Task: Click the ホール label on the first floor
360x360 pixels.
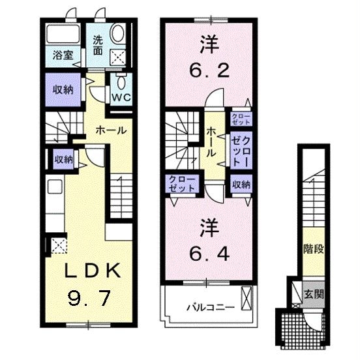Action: (111, 130)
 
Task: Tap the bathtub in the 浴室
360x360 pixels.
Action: (63, 35)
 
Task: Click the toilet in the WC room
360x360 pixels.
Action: (121, 82)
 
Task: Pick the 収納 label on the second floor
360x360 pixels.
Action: (240, 185)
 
